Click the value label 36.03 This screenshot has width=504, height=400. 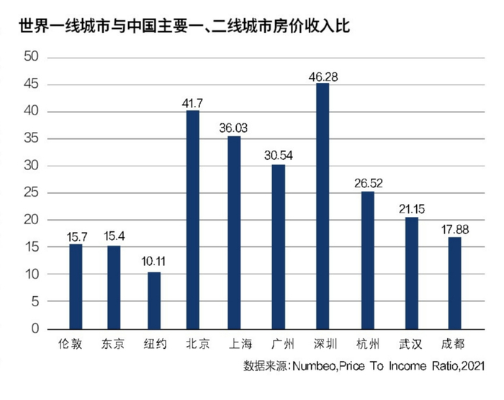[x=235, y=127]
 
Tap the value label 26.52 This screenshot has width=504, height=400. [x=368, y=182]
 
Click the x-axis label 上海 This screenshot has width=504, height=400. [x=235, y=344]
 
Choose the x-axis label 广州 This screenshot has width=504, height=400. [x=278, y=344]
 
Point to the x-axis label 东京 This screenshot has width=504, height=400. [x=113, y=344]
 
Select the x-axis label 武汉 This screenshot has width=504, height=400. [x=411, y=344]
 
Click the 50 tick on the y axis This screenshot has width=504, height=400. [x=31, y=58]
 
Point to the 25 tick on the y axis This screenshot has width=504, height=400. [x=31, y=193]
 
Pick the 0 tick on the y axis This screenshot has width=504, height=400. [x=35, y=329]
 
